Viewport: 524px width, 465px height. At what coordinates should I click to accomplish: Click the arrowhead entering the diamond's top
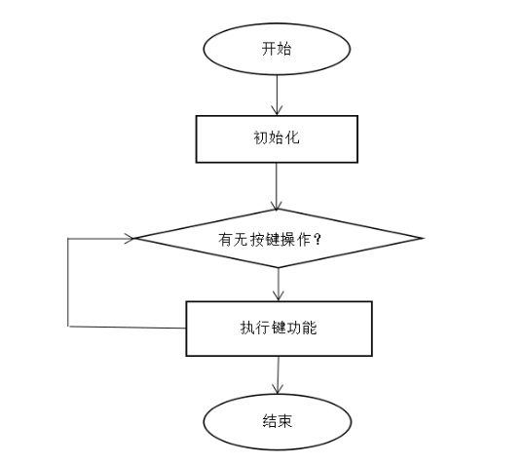pyautogui.click(x=277, y=206)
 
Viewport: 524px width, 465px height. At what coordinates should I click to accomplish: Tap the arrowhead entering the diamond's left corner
pyautogui.click(x=131, y=238)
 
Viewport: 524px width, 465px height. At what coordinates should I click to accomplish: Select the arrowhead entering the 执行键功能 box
pyautogui.click(x=278, y=297)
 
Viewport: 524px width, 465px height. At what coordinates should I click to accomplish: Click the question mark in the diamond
pyautogui.click(x=318, y=240)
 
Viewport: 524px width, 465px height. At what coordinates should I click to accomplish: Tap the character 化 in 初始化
pyautogui.click(x=292, y=137)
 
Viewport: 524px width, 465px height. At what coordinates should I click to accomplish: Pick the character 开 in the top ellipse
pyautogui.click(x=269, y=49)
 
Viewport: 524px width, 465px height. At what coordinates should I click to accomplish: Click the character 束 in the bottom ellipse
pyautogui.click(x=284, y=421)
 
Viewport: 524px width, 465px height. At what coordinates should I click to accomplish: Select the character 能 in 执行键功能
pyautogui.click(x=309, y=328)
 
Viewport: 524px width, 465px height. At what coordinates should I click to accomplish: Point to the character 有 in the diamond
pyautogui.click(x=226, y=240)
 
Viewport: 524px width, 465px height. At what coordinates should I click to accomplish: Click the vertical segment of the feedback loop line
pyautogui.click(x=68, y=283)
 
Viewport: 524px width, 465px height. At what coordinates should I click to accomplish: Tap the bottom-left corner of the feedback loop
pyautogui.click(x=68, y=327)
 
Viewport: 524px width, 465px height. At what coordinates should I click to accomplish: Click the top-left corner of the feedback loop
pyautogui.click(x=68, y=239)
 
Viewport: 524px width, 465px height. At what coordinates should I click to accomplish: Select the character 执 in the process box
pyautogui.click(x=247, y=328)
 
